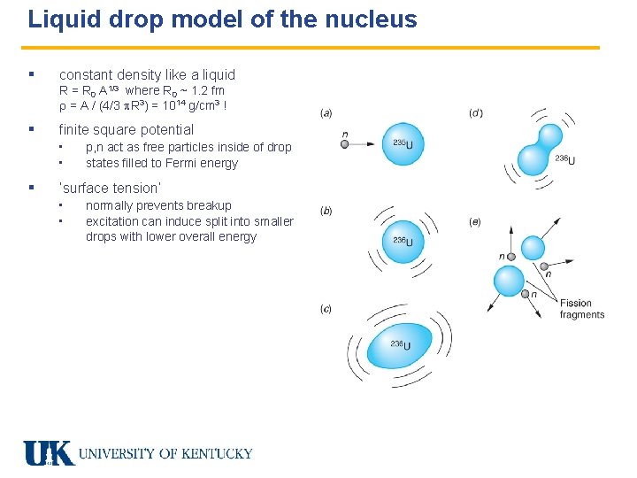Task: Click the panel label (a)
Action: pyautogui.click(x=326, y=113)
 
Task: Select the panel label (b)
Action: pyautogui.click(x=326, y=212)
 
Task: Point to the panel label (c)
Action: pyautogui.click(x=326, y=308)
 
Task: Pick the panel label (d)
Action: pyautogui.click(x=475, y=113)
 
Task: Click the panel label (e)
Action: pyautogui.click(x=475, y=222)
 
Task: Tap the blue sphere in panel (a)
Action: pyautogui.click(x=403, y=144)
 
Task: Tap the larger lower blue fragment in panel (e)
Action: pyautogui.click(x=509, y=281)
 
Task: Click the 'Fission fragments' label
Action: pyautogui.click(x=581, y=309)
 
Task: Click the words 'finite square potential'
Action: pyautogui.click(x=126, y=130)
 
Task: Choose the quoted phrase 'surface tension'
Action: pyautogui.click(x=110, y=189)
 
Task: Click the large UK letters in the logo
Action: pyautogui.click(x=49, y=453)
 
